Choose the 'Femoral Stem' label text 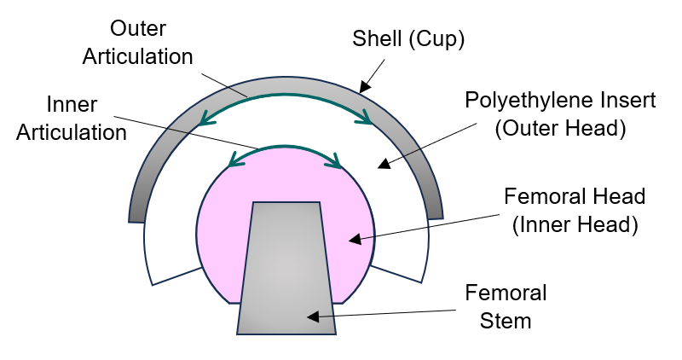506,307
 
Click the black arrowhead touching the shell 365,86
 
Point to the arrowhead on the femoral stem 313,317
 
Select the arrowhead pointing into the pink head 354,241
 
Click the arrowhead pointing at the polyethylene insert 383,162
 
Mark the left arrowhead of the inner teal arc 232,161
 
